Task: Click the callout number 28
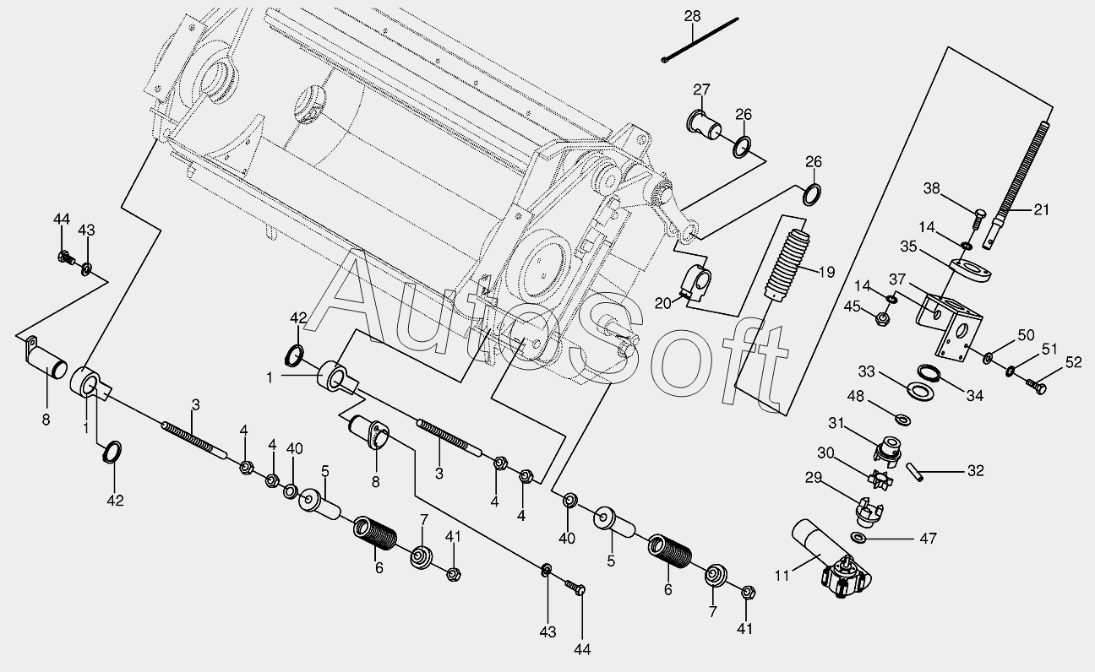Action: pyautogui.click(x=692, y=17)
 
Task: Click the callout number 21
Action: pyautogui.click(x=1042, y=209)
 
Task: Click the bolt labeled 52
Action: pyautogui.click(x=1036, y=387)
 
